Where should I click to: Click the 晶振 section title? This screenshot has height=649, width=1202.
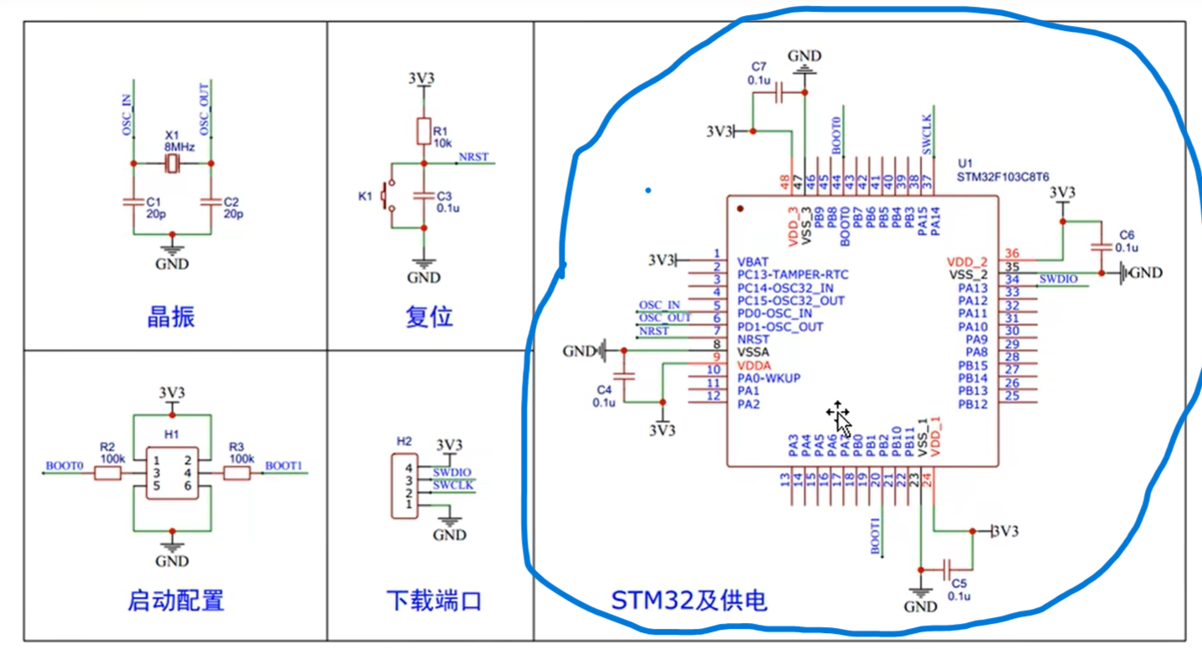(171, 317)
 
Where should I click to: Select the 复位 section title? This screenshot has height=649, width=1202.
(429, 317)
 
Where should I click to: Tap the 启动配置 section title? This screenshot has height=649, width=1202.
(175, 600)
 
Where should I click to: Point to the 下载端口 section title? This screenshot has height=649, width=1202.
(434, 600)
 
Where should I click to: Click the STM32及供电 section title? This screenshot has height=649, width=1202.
(688, 600)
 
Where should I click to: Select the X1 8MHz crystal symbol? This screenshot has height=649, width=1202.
(172, 164)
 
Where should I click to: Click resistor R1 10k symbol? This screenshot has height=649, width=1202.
(424, 132)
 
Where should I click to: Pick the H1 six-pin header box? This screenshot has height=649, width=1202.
(172, 473)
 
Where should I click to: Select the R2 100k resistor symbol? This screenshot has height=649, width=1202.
(107, 475)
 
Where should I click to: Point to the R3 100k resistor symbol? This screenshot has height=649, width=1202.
(237, 475)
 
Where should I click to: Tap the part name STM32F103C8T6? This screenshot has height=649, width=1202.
(1002, 178)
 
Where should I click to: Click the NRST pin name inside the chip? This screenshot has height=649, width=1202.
(753, 340)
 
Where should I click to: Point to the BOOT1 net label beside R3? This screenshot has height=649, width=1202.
(284, 465)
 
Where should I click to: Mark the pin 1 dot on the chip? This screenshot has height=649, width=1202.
(740, 208)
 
